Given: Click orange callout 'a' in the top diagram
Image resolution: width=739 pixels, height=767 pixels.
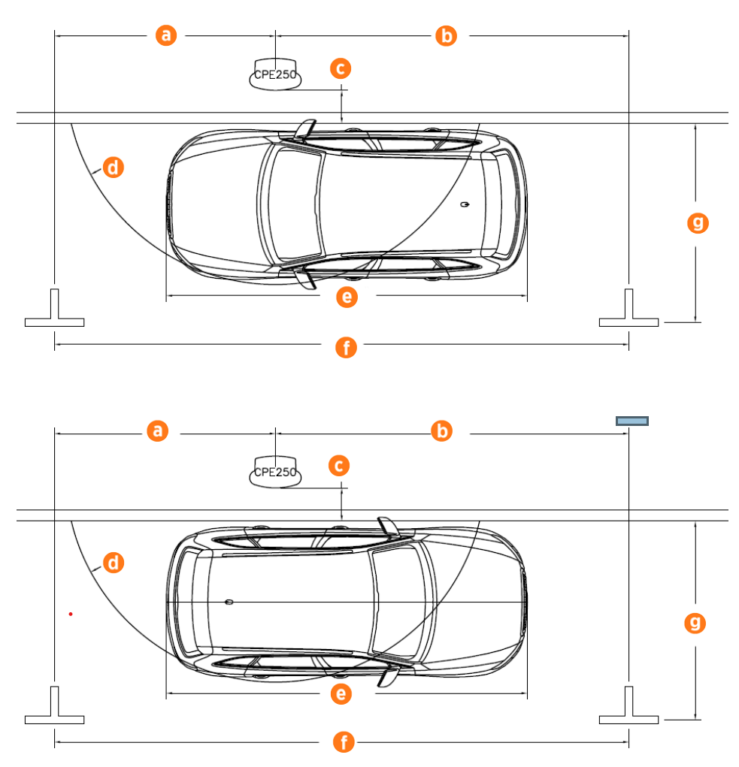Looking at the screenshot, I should tap(166, 35).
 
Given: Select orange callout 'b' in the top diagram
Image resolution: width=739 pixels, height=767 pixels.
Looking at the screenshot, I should tap(446, 35).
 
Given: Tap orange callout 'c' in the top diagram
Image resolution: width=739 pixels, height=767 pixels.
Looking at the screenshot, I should tap(341, 68).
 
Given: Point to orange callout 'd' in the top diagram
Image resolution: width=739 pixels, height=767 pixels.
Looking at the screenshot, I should tap(114, 168).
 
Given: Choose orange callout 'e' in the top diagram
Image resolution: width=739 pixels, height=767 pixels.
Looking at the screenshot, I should tap(346, 297).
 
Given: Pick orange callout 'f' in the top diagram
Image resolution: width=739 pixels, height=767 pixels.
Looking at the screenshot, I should tap(345, 347).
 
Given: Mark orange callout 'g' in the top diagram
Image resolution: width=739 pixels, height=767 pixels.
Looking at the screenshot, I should tap(698, 222).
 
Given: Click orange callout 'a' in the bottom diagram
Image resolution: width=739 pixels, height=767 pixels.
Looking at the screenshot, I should tap(157, 430).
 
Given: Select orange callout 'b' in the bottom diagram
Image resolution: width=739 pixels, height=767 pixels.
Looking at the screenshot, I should tap(442, 430).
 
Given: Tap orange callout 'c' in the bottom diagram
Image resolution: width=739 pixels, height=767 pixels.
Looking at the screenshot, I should tap(339, 466).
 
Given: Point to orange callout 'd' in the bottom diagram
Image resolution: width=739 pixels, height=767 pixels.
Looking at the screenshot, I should tap(114, 562).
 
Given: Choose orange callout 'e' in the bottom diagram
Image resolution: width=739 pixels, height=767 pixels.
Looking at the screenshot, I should tap(341, 693).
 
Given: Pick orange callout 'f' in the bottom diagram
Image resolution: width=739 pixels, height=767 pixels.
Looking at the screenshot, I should tap(344, 743).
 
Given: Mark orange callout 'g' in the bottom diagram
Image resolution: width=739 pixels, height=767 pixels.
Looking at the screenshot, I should tap(696, 622).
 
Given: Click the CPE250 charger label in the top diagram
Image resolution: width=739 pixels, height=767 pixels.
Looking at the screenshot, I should tap(275, 75).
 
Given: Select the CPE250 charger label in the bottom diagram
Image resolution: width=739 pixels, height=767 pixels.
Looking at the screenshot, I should tap(275, 473).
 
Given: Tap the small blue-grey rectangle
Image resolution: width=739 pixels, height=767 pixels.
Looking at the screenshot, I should tap(632, 421).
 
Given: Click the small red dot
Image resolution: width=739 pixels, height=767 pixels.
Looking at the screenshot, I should tap(71, 615).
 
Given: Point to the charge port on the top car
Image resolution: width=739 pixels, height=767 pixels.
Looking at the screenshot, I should tap(465, 204).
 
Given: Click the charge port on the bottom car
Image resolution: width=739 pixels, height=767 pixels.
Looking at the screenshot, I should tap(229, 602).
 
